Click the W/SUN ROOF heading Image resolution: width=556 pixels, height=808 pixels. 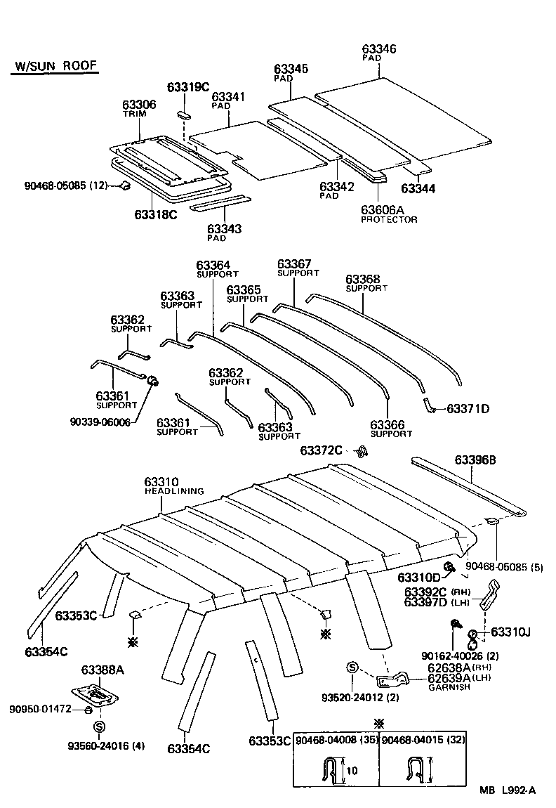[55, 67]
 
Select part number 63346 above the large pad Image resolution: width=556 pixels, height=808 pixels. [379, 48]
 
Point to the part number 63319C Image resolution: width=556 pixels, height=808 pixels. [187, 87]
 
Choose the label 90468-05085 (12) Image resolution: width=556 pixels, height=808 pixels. [66, 186]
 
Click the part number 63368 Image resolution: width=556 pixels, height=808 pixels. [362, 279]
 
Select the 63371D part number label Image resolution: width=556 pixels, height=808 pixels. [468, 408]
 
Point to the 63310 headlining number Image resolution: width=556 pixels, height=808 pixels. [161, 481]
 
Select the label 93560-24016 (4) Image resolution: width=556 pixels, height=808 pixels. [106, 745]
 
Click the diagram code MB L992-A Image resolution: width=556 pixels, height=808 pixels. [508, 791]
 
